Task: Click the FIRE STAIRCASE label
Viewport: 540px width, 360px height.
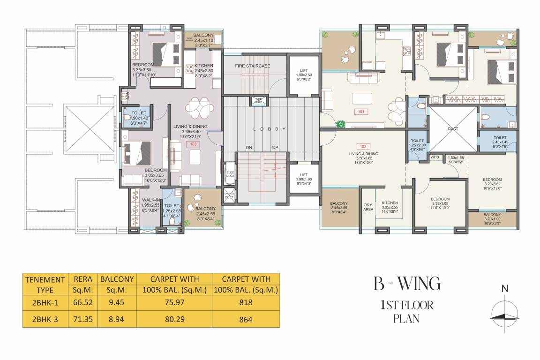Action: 253,66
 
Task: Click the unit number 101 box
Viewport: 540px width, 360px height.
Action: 360,112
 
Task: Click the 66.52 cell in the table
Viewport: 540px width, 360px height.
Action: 81,303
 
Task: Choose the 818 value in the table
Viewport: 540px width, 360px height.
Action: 246,303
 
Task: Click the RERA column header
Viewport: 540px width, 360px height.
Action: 81,279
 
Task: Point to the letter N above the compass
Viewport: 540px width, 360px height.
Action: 504,289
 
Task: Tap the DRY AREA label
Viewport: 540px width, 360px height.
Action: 368,207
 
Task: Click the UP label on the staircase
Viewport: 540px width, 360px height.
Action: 275,148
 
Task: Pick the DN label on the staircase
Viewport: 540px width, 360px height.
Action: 249,148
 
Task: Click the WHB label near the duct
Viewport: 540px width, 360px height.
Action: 435,157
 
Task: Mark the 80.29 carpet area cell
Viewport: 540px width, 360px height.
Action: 175,320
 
